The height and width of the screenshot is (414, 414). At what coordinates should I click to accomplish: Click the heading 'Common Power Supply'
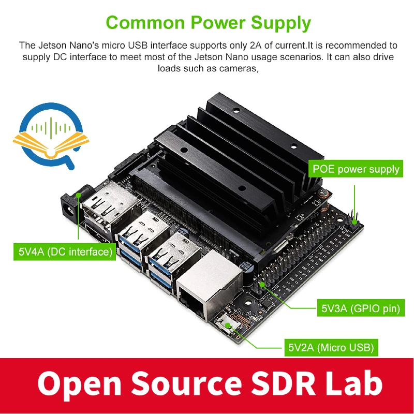[x=208, y=23]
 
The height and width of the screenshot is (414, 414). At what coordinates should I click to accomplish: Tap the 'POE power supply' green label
[x=356, y=169]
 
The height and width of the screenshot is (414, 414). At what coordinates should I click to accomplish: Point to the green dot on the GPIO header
[x=262, y=284]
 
